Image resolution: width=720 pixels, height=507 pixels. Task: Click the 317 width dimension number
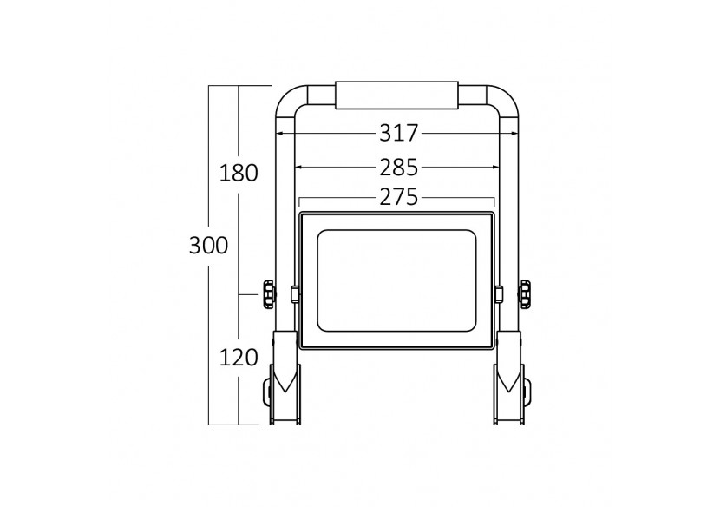tap(398, 134)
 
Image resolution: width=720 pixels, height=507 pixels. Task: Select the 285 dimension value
tap(398, 167)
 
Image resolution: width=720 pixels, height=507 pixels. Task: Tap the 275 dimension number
tap(398, 198)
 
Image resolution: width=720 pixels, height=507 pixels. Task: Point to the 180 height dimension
tap(238, 173)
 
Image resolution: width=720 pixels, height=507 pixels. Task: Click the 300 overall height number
tap(208, 246)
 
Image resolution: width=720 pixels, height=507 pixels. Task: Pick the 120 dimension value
tap(238, 357)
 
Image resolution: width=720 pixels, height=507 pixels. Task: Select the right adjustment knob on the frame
tap(525, 294)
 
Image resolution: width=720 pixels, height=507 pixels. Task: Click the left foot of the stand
tap(285, 395)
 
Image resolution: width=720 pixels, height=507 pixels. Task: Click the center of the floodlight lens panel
tap(396, 280)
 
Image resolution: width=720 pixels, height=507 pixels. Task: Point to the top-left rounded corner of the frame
tap(287, 97)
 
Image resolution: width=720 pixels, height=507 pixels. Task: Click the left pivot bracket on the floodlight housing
tap(295, 295)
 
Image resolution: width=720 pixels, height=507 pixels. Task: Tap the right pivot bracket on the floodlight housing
tap(499, 295)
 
